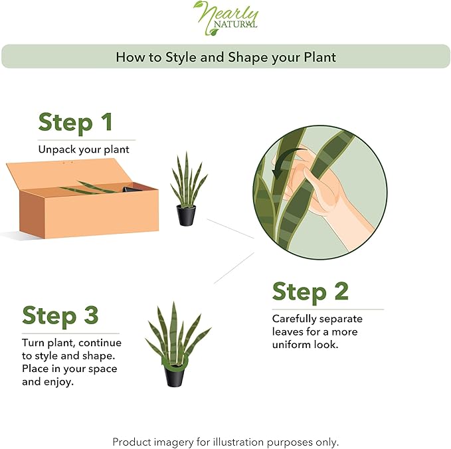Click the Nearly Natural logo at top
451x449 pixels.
pyautogui.click(x=226, y=18)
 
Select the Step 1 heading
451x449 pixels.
pyautogui.click(x=75, y=122)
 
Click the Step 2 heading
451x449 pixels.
pyautogui.click(x=310, y=292)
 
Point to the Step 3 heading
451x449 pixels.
pyautogui.click(x=60, y=315)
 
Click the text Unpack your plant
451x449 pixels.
pyautogui.click(x=84, y=149)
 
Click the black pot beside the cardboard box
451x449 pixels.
pyautogui.click(x=186, y=215)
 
